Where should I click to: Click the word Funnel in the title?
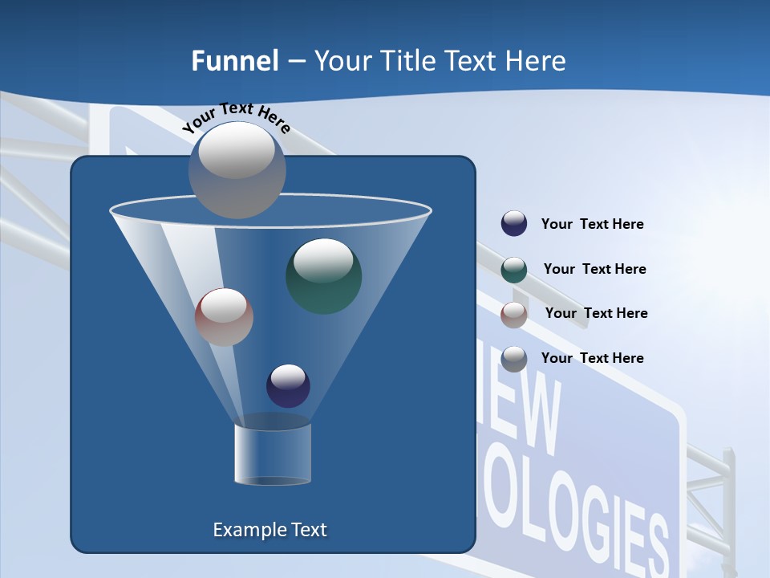[234, 61]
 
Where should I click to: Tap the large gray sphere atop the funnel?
[237, 169]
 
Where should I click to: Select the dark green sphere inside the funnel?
[323, 275]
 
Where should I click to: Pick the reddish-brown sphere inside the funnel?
[224, 317]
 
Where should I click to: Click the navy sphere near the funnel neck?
[288, 385]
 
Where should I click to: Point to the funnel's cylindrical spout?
[273, 454]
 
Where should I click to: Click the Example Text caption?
[269, 530]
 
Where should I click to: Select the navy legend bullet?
[514, 223]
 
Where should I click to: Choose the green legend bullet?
[514, 269]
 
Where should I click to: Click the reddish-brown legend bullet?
[514, 314]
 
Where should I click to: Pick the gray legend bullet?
[514, 358]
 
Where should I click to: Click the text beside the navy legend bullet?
[592, 224]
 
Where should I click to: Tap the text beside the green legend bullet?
[594, 269]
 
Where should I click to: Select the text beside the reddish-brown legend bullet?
[596, 313]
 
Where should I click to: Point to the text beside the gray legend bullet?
[592, 358]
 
